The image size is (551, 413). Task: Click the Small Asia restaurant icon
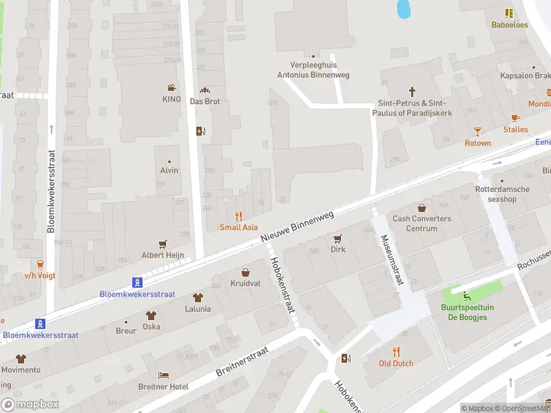coord(239,215)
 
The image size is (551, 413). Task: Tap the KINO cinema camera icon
coord(171,87)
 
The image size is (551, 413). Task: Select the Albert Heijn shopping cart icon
coord(163,244)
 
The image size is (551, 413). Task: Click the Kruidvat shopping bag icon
coord(245,272)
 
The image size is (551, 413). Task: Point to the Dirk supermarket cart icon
coord(337,238)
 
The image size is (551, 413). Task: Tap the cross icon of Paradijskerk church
coord(413,91)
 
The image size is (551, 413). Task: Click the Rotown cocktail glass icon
coord(478,131)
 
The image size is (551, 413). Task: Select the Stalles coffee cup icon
coord(515,118)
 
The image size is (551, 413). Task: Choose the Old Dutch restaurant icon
coord(396,351)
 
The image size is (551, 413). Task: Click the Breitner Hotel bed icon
coord(163,375)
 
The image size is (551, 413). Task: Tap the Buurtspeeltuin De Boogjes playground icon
coord(468,297)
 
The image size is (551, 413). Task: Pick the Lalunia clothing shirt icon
coord(198,298)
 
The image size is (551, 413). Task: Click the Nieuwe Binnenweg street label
coord(298,226)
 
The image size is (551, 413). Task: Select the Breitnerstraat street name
coord(242,361)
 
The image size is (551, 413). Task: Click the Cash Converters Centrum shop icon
coord(422,207)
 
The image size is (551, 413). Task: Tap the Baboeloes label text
coord(510,25)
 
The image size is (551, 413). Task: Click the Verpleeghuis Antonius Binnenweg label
coord(313,70)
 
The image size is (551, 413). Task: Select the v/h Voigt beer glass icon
coord(40,264)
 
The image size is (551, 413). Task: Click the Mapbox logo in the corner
coord(30,405)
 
